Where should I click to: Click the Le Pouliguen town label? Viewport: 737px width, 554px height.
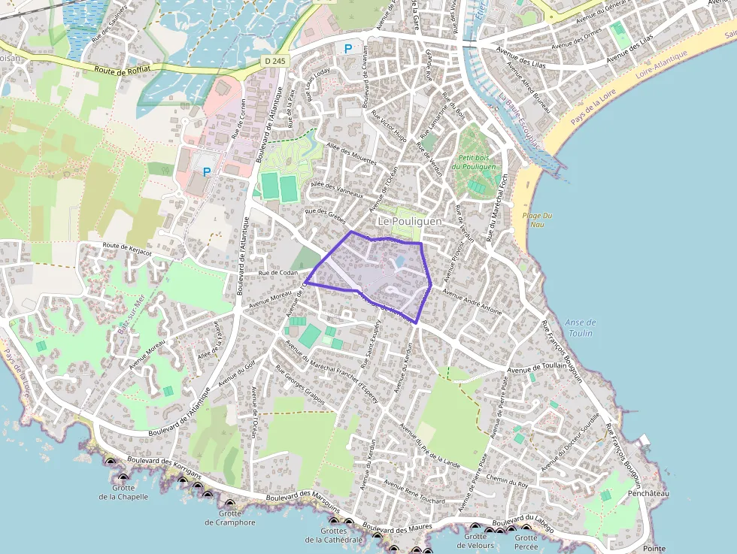pyautogui.click(x=410, y=222)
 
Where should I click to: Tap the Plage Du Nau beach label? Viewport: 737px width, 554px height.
pyautogui.click(x=537, y=219)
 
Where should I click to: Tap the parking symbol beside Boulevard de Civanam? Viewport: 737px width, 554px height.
pyautogui.click(x=347, y=49)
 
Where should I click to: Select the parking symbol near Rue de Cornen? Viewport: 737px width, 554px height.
pyautogui.click(x=206, y=171)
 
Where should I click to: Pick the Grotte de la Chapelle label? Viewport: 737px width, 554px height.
pyautogui.click(x=123, y=492)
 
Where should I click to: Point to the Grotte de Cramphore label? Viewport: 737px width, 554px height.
pyautogui.click(x=230, y=518)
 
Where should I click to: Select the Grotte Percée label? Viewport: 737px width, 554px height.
pyautogui.click(x=526, y=542)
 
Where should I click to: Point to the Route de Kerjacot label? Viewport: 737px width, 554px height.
pyautogui.click(x=127, y=249)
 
